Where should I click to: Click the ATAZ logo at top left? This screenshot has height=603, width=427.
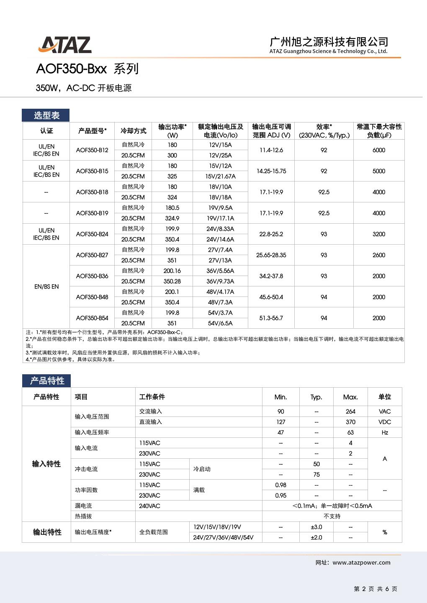[x=65, y=45]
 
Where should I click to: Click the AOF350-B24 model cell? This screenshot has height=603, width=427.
[x=92, y=234]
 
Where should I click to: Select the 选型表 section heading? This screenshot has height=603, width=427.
[x=46, y=115]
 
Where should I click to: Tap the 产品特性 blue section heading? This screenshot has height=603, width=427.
[x=47, y=381]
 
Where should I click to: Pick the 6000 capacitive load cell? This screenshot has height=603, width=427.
[x=379, y=150]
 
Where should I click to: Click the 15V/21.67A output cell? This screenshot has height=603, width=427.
[x=220, y=176]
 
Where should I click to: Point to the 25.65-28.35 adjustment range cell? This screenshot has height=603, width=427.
[x=271, y=255]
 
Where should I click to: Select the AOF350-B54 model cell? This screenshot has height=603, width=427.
[x=92, y=318]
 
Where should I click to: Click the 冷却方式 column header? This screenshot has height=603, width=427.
[x=133, y=131]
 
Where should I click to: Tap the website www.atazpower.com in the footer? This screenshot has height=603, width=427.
[x=361, y=562]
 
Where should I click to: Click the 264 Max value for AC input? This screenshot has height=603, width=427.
[x=350, y=411]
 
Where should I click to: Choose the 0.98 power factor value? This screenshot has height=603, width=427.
[x=280, y=485]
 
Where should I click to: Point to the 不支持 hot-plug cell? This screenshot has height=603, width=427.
[x=332, y=516]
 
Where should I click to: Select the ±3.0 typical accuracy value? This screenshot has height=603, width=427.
[x=316, y=527]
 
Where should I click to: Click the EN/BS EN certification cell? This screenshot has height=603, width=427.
[x=46, y=286]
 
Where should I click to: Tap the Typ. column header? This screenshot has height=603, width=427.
[x=316, y=397]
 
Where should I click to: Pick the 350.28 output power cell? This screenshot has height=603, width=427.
[x=172, y=281]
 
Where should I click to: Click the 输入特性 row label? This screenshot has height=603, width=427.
[x=46, y=464]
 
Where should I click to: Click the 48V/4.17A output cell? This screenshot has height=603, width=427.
[x=220, y=292]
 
